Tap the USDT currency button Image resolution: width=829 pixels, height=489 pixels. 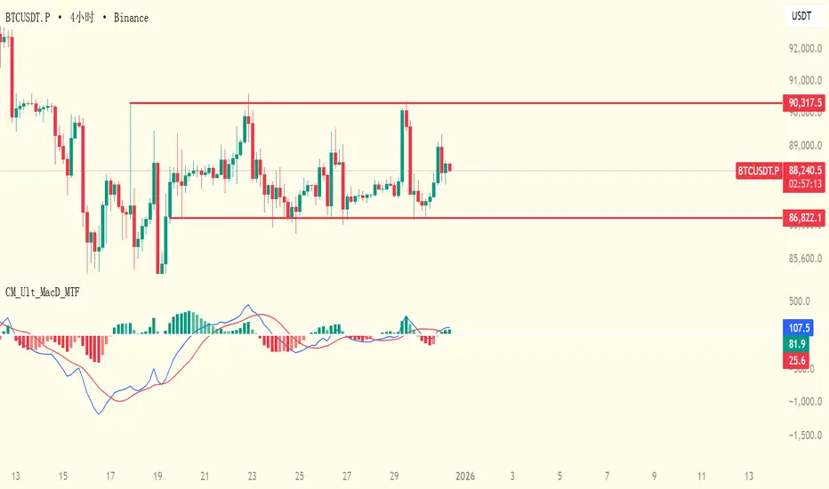click(802, 17)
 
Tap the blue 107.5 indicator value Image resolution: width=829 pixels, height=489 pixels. click(796, 326)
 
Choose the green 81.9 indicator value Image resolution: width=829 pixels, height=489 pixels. click(796, 343)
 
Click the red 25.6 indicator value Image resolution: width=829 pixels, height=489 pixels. click(796, 359)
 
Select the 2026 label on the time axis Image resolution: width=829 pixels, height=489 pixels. click(464, 476)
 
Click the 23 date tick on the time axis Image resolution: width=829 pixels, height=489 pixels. click(253, 476)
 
